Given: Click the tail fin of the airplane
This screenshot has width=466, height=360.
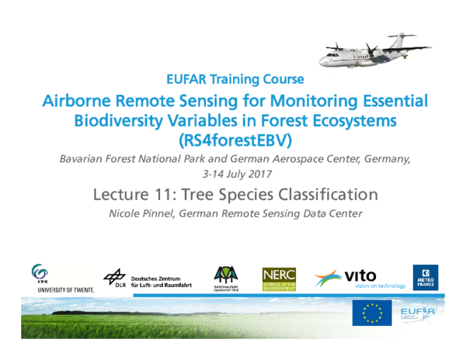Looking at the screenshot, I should click(x=402, y=40).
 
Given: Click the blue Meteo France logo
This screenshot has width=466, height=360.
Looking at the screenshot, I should click(x=425, y=278).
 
